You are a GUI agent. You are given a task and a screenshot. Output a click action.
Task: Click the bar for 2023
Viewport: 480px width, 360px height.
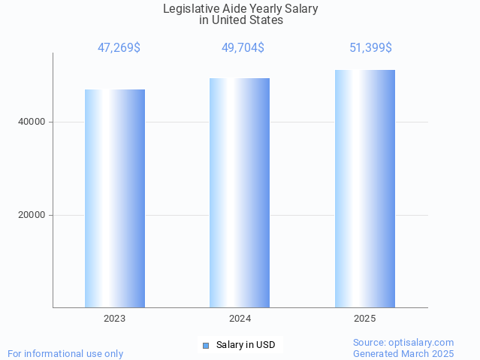(115, 198)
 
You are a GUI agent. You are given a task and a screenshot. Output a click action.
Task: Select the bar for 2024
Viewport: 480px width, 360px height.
(240, 192)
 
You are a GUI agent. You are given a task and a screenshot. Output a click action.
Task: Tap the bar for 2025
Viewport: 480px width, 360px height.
(365, 189)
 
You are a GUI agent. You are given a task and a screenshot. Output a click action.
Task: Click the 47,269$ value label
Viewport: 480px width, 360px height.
(119, 48)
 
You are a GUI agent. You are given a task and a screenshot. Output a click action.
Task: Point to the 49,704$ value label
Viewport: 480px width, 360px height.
(243, 48)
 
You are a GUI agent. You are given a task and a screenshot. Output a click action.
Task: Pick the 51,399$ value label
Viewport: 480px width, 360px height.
(370, 48)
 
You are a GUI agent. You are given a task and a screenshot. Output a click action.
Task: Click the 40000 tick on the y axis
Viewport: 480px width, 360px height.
(32, 123)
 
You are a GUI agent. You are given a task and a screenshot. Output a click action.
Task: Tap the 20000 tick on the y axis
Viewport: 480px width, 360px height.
(32, 216)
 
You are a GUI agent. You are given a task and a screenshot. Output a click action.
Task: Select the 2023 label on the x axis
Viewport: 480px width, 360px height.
(115, 319)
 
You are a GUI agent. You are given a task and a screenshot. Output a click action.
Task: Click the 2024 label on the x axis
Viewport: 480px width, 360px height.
(240, 319)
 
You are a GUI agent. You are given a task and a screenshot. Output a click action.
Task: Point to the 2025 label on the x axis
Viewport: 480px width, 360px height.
(365, 319)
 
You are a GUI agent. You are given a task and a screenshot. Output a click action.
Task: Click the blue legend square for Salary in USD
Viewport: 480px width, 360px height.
(205, 346)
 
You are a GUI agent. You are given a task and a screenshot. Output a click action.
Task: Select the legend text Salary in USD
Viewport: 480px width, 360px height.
(246, 346)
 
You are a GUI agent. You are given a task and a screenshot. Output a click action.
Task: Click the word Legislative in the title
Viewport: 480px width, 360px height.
(192, 9)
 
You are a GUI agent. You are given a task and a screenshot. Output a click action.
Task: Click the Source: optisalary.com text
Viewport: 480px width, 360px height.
(403, 343)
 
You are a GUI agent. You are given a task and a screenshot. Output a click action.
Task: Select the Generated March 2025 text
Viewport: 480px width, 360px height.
(403, 353)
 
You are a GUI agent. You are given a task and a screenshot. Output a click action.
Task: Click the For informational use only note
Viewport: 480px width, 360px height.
(65, 353)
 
